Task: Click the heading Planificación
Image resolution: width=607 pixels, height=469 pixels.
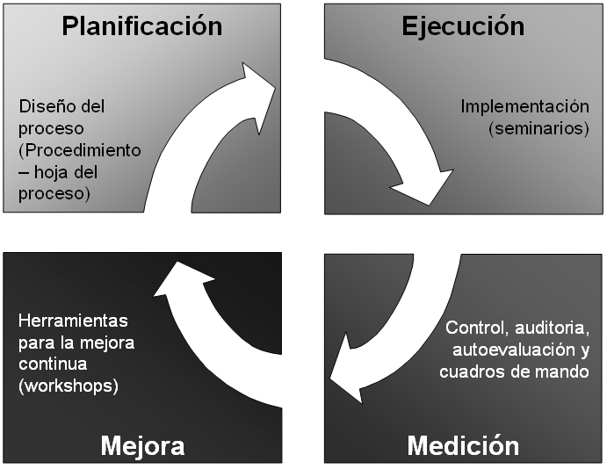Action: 142,25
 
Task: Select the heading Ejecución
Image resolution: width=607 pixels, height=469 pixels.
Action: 463,25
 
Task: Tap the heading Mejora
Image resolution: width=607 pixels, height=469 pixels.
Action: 142,445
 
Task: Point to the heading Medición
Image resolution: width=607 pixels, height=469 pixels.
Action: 463,445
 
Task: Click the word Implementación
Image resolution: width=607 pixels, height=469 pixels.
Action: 524,106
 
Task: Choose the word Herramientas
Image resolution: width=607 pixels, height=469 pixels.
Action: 72,321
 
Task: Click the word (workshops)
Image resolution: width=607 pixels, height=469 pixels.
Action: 68,386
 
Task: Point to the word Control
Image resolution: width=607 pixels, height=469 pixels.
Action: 474,328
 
